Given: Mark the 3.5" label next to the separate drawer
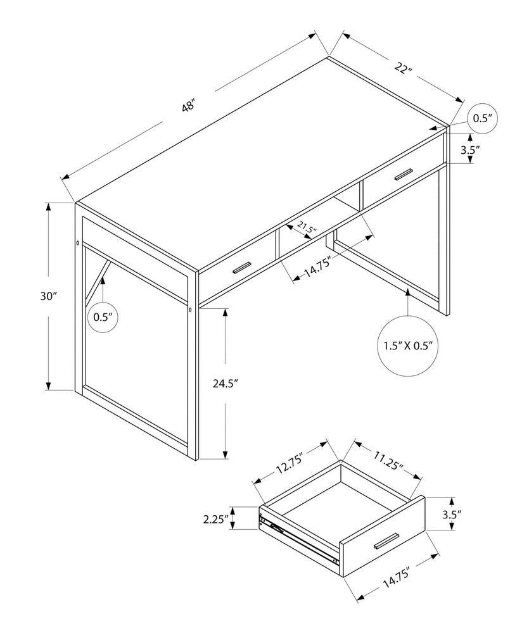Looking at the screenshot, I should [451, 515].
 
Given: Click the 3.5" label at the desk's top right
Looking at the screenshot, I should [470, 150].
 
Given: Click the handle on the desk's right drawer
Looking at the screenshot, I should [404, 174].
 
